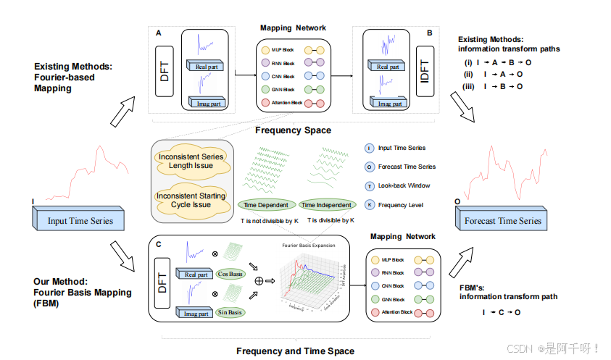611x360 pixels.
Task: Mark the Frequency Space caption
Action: click(x=293, y=131)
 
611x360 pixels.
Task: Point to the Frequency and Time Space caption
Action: click(x=295, y=351)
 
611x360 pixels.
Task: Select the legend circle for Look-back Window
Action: click(x=370, y=185)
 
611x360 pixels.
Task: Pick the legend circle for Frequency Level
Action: click(x=370, y=204)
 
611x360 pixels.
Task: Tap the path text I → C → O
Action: click(x=502, y=312)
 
